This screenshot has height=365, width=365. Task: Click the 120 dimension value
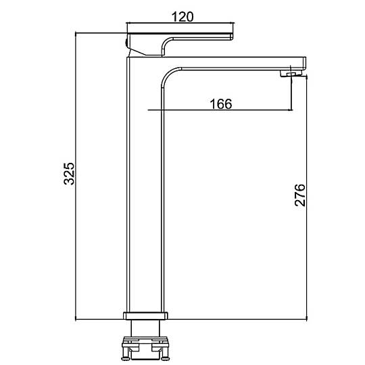tap(182, 17)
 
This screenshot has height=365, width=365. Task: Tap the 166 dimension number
tap(221, 104)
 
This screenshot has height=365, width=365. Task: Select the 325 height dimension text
tap(69, 174)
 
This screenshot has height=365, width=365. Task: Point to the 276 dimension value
tap(300, 195)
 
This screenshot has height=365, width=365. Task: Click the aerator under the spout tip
tap(291, 74)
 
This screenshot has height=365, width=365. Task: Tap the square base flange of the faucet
tap(145, 316)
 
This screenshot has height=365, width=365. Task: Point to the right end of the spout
tap(306, 62)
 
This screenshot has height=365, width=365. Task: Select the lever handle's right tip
tap(232, 36)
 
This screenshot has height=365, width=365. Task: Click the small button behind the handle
tap(126, 43)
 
